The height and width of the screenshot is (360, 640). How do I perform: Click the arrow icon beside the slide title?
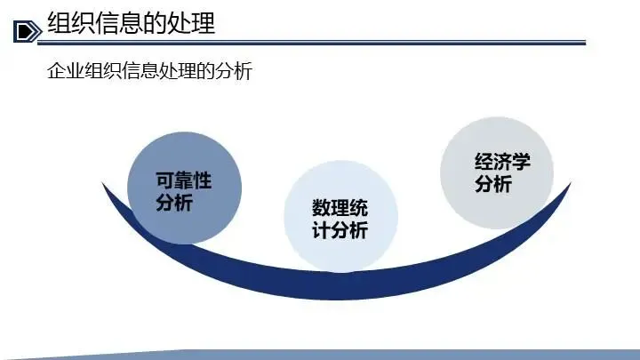tap(28, 30)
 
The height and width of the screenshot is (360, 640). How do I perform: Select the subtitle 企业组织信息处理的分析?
tap(149, 71)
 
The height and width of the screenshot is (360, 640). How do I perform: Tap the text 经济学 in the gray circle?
tap(501, 164)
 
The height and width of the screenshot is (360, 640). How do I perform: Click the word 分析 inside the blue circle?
tap(173, 203)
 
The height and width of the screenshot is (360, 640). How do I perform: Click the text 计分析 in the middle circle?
tap(340, 231)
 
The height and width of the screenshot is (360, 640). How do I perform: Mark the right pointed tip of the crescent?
tap(568, 185)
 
